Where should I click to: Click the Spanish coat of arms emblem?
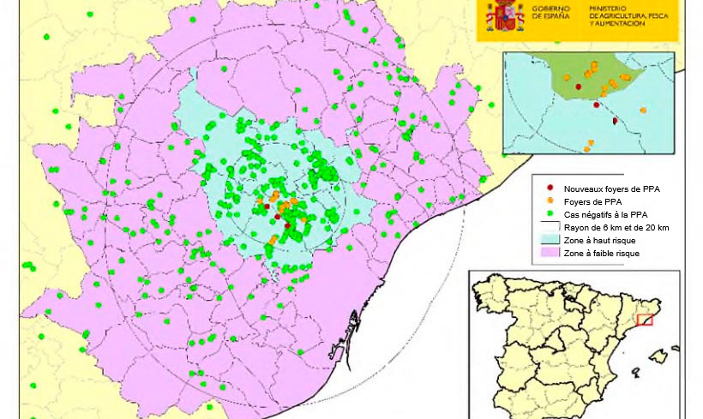pos(505,15)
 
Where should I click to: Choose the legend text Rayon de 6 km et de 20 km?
pos(616,227)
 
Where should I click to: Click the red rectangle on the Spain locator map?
pos(645,320)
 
